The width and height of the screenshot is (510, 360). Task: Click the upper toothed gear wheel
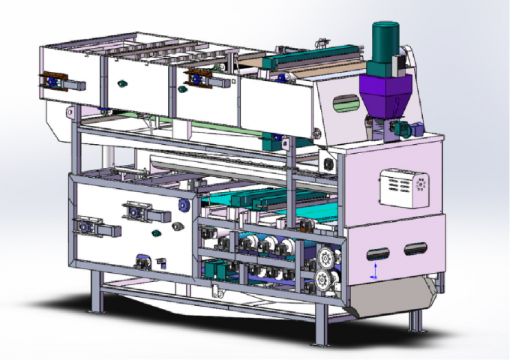[x=325, y=259]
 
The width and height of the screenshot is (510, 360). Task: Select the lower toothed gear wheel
[x=325, y=281]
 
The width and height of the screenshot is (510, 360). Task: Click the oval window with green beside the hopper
[x=344, y=103]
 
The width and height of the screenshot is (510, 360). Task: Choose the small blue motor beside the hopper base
[x=401, y=129]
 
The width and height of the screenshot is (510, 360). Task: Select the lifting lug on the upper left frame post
[x=71, y=113]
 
